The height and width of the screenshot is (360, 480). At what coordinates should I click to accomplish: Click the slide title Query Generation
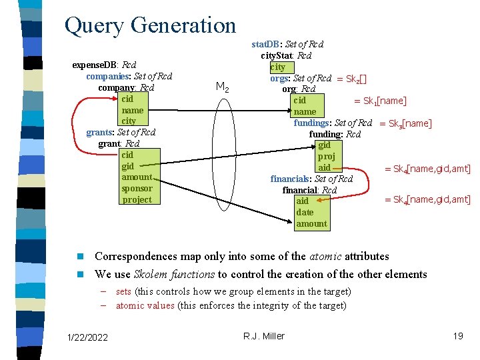coord(150,25)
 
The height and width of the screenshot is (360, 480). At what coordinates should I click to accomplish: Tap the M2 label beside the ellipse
coord(223,89)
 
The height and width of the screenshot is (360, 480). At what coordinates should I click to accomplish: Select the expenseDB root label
coord(94,65)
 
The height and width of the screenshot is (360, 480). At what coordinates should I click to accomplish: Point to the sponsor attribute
coord(137,188)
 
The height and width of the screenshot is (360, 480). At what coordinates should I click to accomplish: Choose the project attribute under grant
coord(137,199)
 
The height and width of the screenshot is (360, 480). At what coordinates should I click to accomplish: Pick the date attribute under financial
coord(305,212)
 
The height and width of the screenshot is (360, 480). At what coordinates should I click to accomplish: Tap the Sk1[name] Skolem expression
coord(380,101)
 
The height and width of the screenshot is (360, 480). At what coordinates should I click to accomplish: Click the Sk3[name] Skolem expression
coord(405,123)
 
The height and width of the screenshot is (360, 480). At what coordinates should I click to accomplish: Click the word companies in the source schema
coord(101,76)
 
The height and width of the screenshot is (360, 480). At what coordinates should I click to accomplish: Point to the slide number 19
coord(457,336)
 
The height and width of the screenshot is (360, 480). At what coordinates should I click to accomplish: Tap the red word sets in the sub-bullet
coord(123,291)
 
